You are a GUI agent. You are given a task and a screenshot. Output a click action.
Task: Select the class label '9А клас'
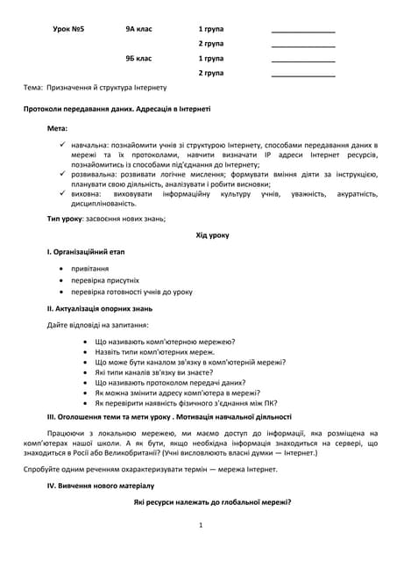click(x=138, y=29)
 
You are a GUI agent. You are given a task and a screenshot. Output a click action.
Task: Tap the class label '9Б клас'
click(x=138, y=58)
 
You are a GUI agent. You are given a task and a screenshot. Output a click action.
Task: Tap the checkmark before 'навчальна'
click(x=63, y=143)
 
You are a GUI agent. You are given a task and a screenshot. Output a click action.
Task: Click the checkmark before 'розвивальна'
click(x=63, y=174)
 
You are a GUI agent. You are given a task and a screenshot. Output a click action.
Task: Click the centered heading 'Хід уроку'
click(x=212, y=235)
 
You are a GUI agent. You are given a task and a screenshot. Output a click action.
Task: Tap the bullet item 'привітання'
click(x=90, y=269)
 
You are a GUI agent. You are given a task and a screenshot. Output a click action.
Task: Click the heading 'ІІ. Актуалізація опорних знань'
click(x=100, y=308)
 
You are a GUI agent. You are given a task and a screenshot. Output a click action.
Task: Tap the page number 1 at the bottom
click(x=201, y=525)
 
